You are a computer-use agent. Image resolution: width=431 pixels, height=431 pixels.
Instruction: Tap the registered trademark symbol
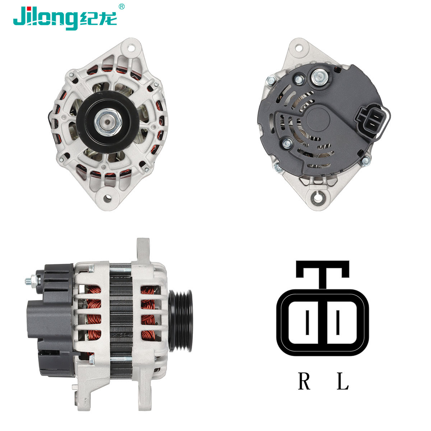121,7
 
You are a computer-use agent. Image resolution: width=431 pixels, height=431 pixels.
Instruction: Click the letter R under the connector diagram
304,381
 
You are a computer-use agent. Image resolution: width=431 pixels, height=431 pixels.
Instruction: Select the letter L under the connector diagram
343,381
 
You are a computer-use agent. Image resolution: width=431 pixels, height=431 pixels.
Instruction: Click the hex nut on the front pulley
108,122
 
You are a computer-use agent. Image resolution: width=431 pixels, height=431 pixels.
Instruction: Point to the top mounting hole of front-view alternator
131,48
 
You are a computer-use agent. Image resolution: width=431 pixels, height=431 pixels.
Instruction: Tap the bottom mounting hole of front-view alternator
107,198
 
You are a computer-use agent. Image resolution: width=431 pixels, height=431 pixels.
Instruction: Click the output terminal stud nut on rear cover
320,77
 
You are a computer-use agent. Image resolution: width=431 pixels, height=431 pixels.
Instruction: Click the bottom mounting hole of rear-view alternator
318,198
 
